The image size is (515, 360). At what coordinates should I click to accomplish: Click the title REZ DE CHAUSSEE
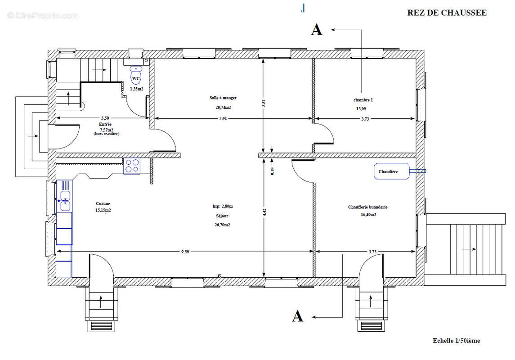point(447,13)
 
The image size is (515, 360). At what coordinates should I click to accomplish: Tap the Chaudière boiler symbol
point(391,171)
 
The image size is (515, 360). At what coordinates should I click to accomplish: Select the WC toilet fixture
point(136,75)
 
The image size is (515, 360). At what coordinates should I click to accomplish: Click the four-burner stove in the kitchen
point(132,166)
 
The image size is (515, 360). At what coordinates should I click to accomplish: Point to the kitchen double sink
point(65,201)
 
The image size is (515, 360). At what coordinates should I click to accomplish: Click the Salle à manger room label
point(223,98)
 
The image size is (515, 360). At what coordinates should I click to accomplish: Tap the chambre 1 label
point(363,100)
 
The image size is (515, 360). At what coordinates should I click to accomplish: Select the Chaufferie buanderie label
point(368,207)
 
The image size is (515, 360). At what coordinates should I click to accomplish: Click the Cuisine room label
point(103,204)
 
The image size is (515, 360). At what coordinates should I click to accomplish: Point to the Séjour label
point(222,216)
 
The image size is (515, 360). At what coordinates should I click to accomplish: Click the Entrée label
point(105,125)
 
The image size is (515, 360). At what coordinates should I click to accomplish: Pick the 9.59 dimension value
point(185,252)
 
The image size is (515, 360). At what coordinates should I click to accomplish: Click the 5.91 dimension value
point(223,119)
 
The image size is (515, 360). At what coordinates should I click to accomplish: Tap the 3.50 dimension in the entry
point(105,118)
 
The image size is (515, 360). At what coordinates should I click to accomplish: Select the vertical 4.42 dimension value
point(264,212)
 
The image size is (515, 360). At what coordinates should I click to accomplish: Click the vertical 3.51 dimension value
point(264,103)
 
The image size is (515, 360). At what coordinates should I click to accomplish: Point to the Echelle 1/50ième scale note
point(456,341)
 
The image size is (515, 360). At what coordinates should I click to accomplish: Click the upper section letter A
point(317,30)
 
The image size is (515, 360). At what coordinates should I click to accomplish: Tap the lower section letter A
point(298,316)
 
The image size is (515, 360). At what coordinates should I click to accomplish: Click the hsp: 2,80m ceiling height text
point(222,206)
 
